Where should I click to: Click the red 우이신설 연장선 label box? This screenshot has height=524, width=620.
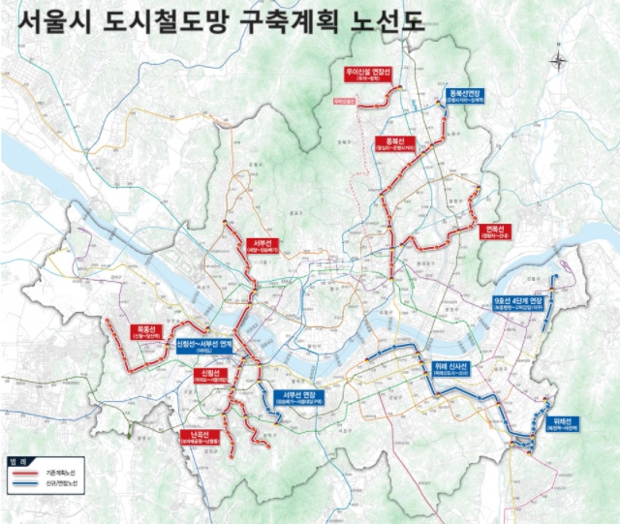click(x=367, y=75)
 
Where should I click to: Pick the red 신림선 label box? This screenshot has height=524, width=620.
click(x=211, y=376)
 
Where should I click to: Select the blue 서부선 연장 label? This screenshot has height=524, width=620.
click(x=295, y=397)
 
